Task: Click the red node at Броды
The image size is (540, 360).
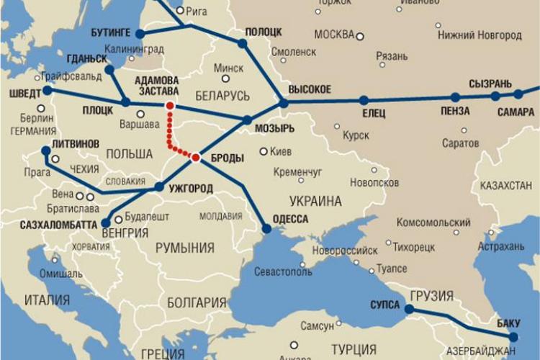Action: click(x=196, y=156)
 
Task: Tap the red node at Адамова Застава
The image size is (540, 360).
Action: click(x=170, y=106)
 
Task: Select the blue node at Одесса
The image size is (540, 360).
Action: click(x=266, y=228)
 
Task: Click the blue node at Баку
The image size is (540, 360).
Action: click(x=513, y=336)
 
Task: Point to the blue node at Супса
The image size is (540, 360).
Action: click(x=409, y=309)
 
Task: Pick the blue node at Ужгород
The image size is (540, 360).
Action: click(x=158, y=187)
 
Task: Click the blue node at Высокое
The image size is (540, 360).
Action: click(x=284, y=103)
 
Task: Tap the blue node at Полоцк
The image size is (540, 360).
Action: click(x=243, y=43)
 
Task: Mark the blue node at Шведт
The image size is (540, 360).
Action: click(x=48, y=91)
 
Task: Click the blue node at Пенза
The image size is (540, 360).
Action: click(x=455, y=97)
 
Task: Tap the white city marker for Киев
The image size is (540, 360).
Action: click(x=264, y=152)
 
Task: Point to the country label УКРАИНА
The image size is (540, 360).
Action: click(x=315, y=201)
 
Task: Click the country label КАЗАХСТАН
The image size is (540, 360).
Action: click(x=505, y=186)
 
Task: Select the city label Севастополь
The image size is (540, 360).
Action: click(x=284, y=272)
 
